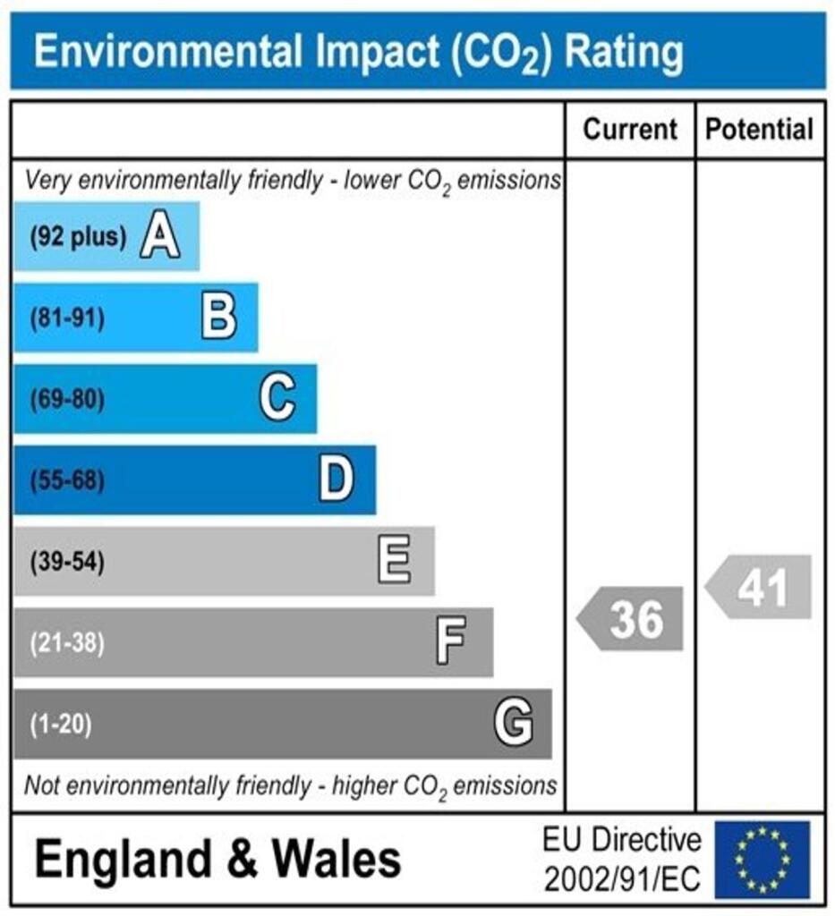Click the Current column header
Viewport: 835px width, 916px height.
pos(630,130)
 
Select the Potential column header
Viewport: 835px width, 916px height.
pos(760,130)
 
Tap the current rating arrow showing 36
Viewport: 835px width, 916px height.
pos(630,619)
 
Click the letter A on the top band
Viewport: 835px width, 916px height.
pos(159,237)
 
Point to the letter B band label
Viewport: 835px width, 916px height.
pos(218,318)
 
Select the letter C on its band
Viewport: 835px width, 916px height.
pos(277,399)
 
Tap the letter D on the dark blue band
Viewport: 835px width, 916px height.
pos(337,480)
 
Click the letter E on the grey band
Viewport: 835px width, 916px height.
pos(394,562)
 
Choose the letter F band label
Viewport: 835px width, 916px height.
pos(451,642)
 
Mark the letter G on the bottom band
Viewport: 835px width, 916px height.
pos(513,724)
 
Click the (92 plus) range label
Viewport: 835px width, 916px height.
pos(78,238)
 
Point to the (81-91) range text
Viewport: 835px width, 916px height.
pos(67,318)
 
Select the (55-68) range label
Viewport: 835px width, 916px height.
pos(67,481)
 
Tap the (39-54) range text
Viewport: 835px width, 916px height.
pos(67,563)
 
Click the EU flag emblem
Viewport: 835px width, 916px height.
pos(761,860)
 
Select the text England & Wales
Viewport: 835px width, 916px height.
pos(217,861)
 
